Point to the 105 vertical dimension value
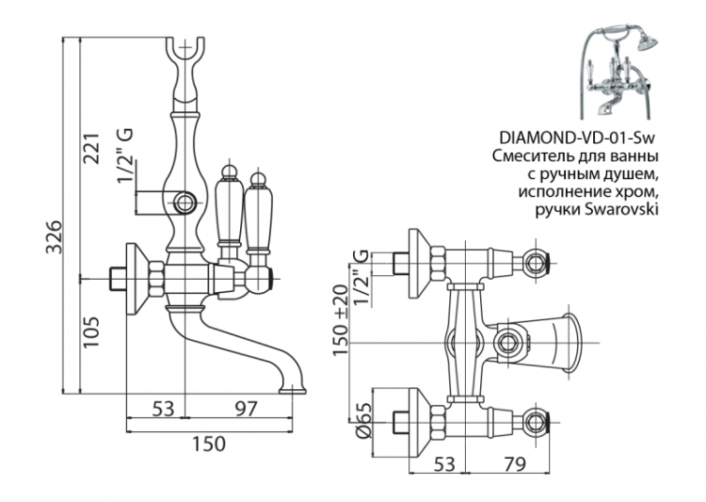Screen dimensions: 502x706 (92, 331)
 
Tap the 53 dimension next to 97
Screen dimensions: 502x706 (164, 408)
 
